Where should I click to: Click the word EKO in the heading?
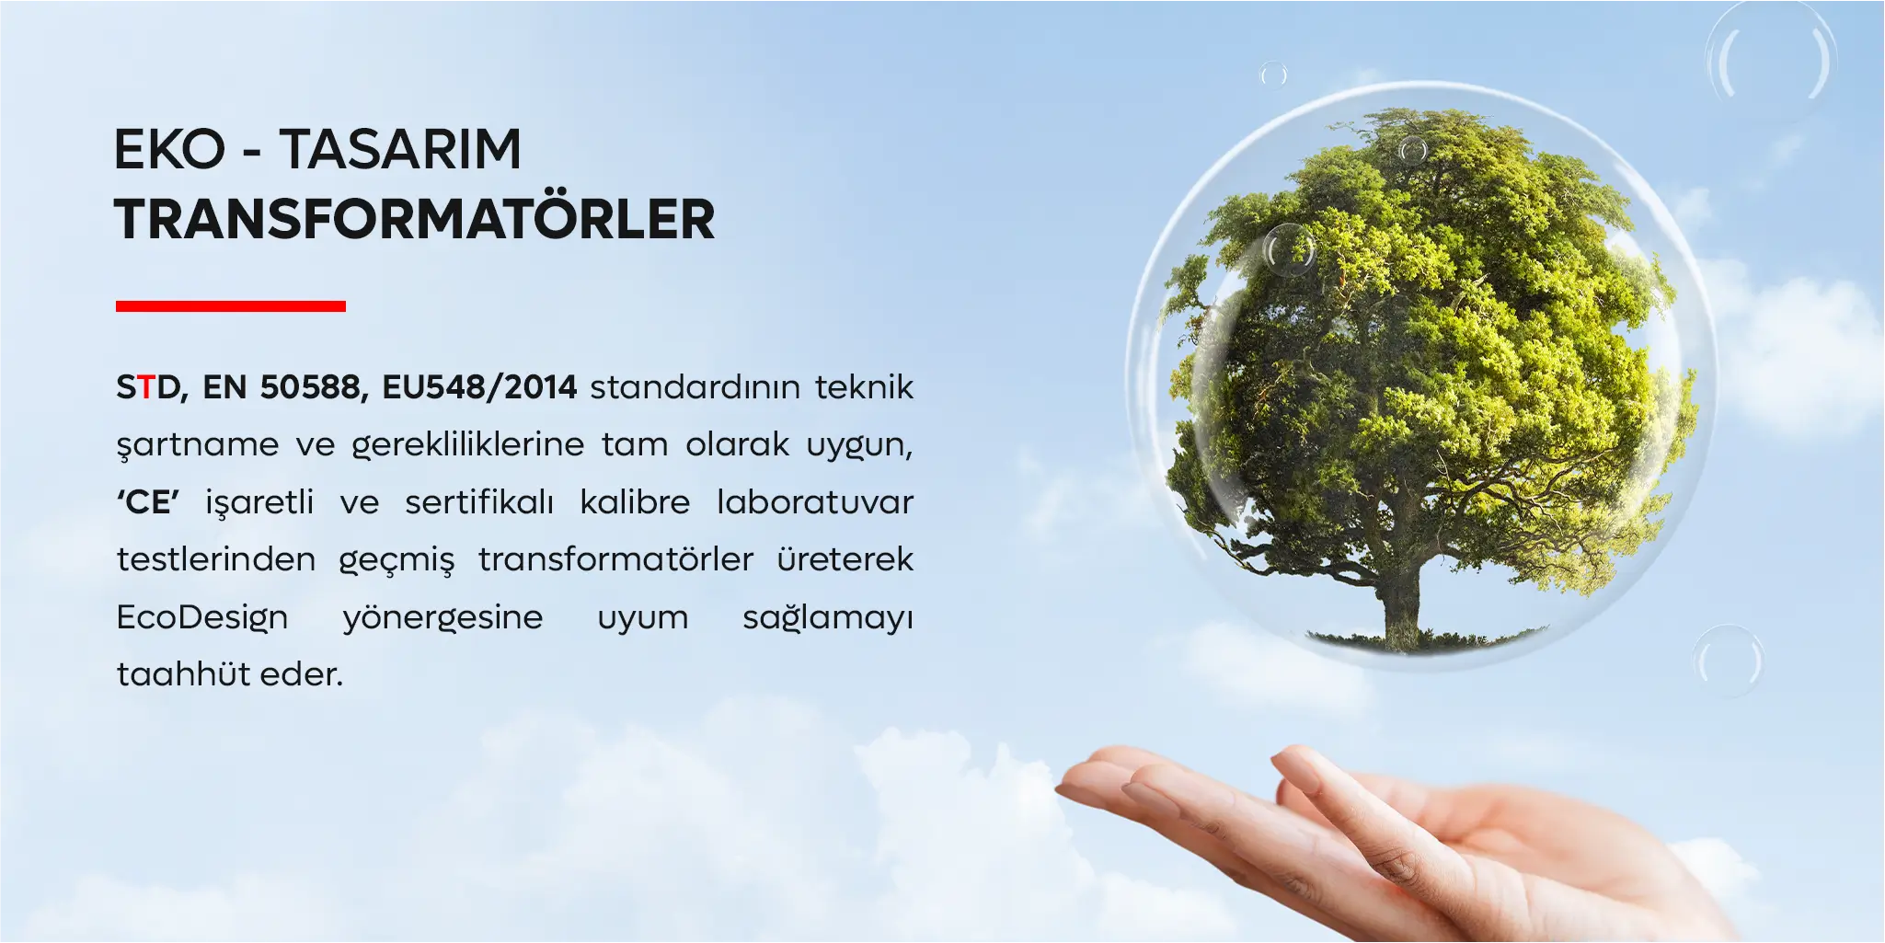pos(170,149)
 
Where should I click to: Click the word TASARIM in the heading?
pos(400,149)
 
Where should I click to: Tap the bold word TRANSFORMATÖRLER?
pos(415,218)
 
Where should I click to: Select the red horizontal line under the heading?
pos(231,306)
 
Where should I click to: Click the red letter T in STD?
pos(145,387)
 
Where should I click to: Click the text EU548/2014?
pos(479,387)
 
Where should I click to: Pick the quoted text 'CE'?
pos(148,502)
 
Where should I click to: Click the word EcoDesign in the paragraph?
pos(202,617)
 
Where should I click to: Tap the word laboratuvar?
pos(815,502)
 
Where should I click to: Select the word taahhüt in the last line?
pos(172,674)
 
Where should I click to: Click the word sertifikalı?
pos(479,502)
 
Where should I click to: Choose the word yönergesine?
pos(443,617)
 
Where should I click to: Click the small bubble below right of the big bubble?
pos(1728,661)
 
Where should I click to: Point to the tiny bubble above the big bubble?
pos(1273,74)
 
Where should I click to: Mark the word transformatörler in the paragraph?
pos(615,559)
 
